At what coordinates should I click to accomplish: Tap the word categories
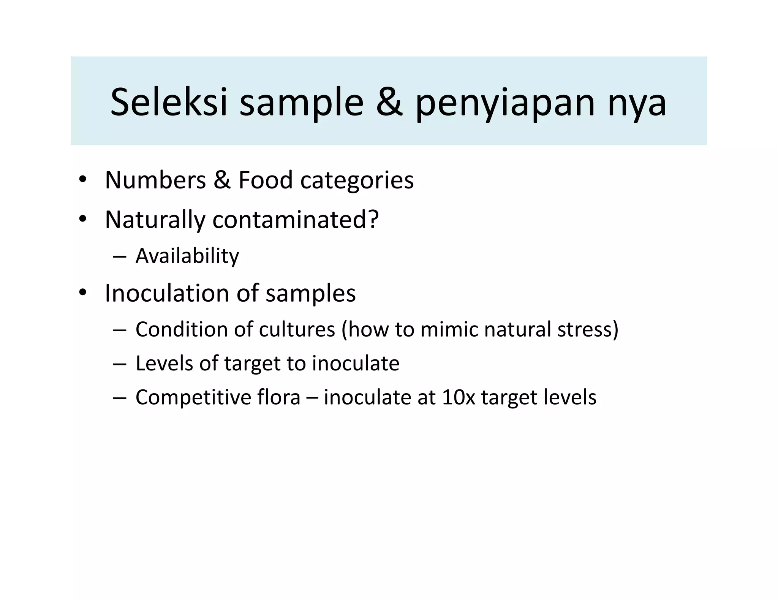(357, 180)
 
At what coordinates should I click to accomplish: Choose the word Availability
(187, 256)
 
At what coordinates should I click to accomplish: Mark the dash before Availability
(119, 256)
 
